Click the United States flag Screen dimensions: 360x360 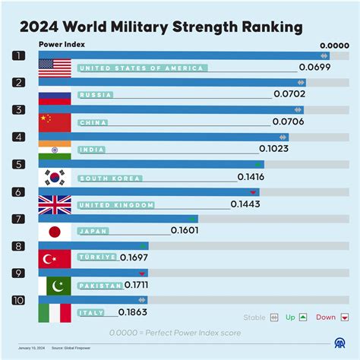click(55, 68)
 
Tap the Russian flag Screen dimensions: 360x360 click(55, 94)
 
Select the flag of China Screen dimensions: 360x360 click(55, 122)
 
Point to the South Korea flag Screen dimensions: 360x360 click(55, 176)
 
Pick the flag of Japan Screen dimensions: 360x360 click(55, 231)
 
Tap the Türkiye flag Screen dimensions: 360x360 click(55, 258)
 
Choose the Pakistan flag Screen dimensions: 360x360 click(55, 286)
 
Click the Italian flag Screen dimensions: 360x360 click(55, 312)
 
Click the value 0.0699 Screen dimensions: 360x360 click(314, 68)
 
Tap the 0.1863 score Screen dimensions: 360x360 click(134, 312)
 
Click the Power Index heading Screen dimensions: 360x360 click(62, 44)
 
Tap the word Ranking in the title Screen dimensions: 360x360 click(261, 27)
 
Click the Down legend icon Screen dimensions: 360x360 click(345, 317)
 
